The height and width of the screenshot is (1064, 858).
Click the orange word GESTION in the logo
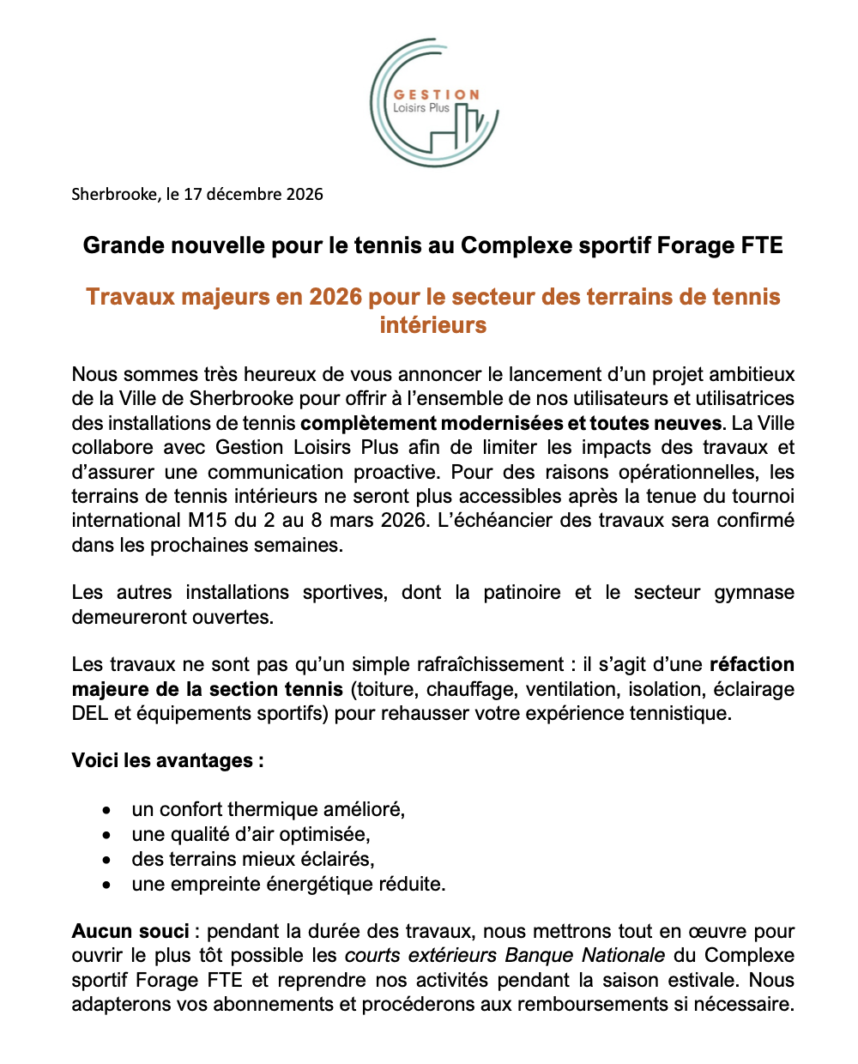pos(436,94)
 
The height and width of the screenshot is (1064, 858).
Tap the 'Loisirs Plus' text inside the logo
pos(420,108)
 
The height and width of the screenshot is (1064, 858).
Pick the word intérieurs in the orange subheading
pos(433,325)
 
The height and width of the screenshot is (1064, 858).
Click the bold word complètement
pos(368,423)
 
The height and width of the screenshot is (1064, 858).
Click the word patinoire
pos(522,592)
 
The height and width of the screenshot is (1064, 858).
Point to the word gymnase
pos(754,592)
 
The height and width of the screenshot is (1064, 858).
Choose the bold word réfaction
pos(752,664)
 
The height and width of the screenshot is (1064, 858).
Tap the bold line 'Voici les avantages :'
pos(167,761)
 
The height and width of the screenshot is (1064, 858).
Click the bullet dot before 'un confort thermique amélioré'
pos(106,810)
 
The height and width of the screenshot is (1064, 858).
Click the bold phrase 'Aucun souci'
pos(130,931)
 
